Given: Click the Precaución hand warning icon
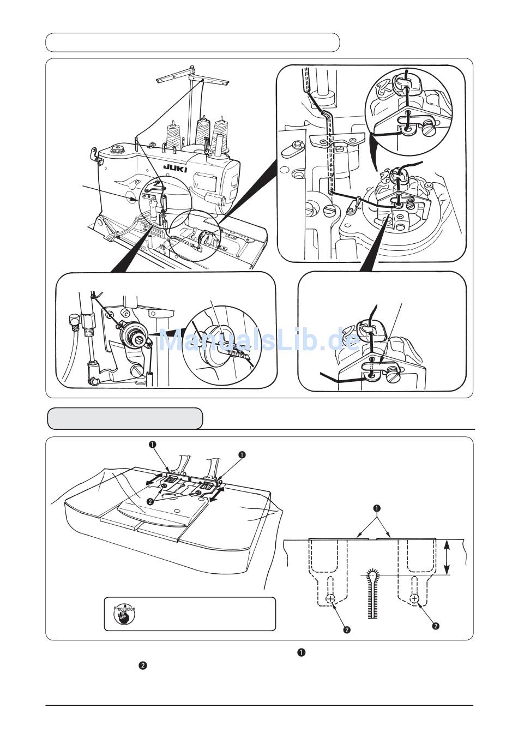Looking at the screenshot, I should (124, 614).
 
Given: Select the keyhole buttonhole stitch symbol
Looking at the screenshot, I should (374, 593).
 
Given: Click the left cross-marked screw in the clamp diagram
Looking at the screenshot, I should (331, 599).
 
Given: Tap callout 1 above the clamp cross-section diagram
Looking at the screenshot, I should (375, 509).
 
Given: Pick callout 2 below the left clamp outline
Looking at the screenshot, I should (346, 629).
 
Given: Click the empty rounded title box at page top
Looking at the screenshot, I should (192, 43).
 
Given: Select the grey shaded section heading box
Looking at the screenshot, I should (125, 418).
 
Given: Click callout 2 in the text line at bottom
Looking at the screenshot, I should (142, 665).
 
